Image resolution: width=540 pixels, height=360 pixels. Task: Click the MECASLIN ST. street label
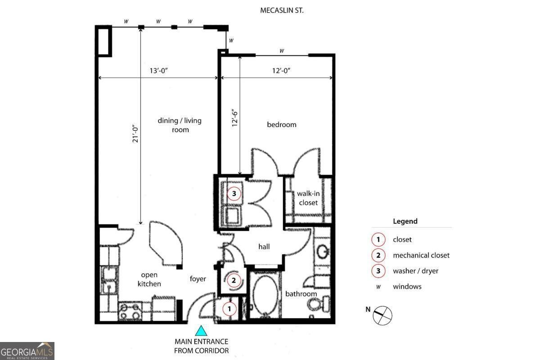(x=282, y=10)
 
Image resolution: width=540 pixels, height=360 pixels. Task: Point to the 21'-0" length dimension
(x=134, y=134)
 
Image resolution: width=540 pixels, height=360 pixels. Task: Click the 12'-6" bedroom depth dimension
(x=233, y=118)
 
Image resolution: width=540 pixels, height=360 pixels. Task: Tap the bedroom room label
(x=282, y=124)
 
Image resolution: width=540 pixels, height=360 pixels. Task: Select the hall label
(x=264, y=247)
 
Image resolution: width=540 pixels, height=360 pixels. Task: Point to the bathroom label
(x=301, y=294)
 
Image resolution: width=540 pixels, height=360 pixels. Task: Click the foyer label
(x=198, y=279)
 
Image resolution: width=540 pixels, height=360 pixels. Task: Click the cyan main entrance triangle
(x=201, y=331)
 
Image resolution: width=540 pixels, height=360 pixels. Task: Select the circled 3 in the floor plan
(x=234, y=193)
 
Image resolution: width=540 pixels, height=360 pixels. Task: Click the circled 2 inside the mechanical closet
(x=234, y=281)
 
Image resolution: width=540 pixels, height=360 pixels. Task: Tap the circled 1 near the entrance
(x=229, y=309)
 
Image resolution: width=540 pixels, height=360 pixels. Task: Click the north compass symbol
(x=382, y=315)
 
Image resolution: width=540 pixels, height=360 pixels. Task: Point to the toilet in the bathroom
(x=322, y=306)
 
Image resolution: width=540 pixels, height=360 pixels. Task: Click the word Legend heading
(x=405, y=221)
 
